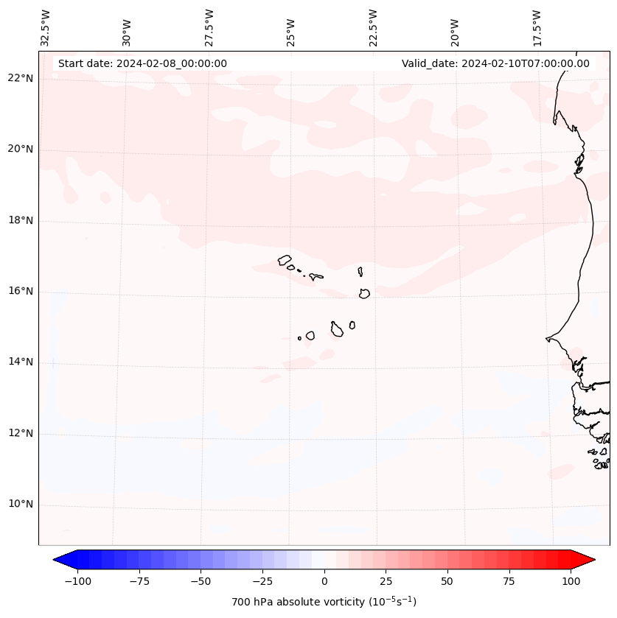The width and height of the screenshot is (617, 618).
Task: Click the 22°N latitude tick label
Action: pyautogui.click(x=21, y=78)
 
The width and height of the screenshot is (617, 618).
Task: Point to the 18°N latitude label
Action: pyautogui.click(x=21, y=220)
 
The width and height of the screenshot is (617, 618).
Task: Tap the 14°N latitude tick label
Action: pyautogui.click(x=21, y=362)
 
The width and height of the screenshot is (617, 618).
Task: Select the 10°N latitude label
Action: pyautogui.click(x=21, y=505)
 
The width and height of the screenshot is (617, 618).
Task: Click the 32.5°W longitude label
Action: pyautogui.click(x=46, y=28)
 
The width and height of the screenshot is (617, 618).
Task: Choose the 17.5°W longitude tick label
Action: pyautogui.click(x=537, y=28)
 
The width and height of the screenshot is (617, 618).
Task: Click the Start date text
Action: pyautogui.click(x=142, y=63)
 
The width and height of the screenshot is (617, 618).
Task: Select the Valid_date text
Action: pyautogui.click(x=495, y=63)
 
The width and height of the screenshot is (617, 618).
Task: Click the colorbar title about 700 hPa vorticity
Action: pyautogui.click(x=324, y=603)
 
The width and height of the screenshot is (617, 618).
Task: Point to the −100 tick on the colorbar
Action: pyautogui.click(x=77, y=581)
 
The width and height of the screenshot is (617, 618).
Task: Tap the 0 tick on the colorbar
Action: pyautogui.click(x=324, y=581)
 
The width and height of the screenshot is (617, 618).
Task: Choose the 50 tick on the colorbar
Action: pyautogui.click(x=447, y=581)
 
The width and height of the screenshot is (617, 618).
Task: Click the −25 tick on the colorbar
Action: pyautogui.click(x=262, y=581)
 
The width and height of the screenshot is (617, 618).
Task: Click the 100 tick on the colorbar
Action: pyautogui.click(x=570, y=581)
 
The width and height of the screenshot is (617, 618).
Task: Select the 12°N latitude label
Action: pyautogui.click(x=21, y=433)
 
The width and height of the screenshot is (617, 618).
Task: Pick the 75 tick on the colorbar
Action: pyautogui.click(x=509, y=581)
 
